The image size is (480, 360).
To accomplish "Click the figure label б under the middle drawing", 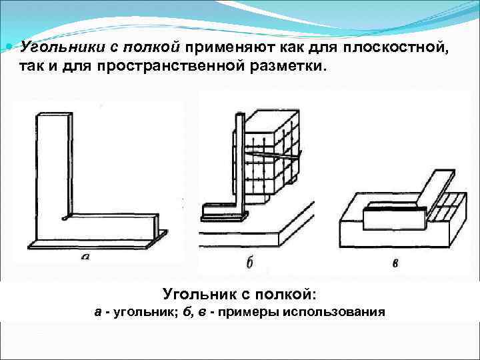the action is point(249,262).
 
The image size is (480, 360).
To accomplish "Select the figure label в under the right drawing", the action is point(395,262).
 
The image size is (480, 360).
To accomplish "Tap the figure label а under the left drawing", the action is point(85,256).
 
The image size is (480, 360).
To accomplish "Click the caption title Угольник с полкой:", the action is point(239,293).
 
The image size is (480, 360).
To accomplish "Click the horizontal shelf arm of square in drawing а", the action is point(100,227).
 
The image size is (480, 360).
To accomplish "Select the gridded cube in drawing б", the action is point(270,157).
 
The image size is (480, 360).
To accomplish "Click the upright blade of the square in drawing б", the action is point(239,160).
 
